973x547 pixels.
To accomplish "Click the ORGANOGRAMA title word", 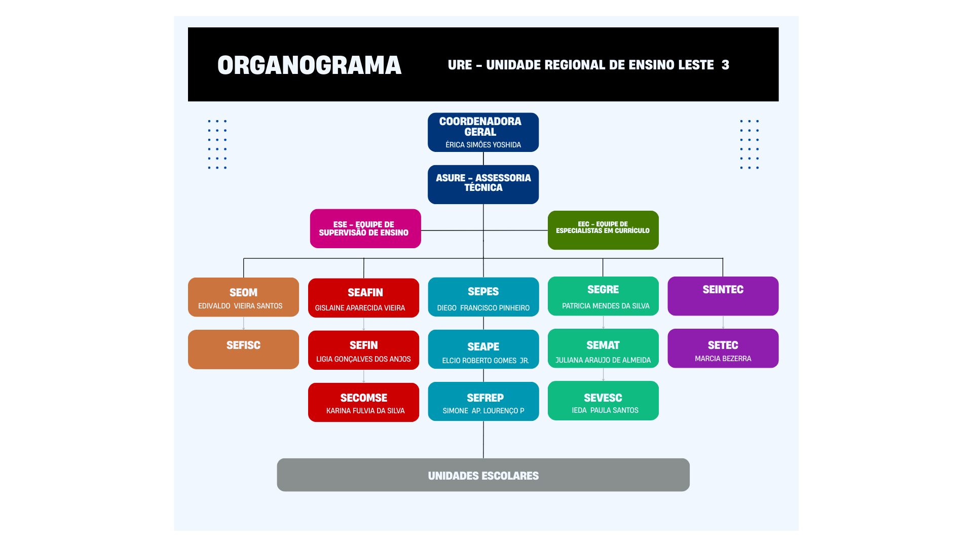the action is [309, 65].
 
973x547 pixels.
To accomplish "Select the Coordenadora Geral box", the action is [483, 132].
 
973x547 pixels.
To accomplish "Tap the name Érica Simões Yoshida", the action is [483, 145].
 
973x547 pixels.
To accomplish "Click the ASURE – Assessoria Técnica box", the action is [483, 184].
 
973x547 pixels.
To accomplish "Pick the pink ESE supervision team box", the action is [365, 228].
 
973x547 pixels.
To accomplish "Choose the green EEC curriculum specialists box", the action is [603, 230].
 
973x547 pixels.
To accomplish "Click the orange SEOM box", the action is [243, 297].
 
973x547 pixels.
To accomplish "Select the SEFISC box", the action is [243, 349].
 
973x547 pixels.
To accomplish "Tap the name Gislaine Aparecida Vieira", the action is [360, 308].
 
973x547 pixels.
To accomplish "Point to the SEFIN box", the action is [363, 350].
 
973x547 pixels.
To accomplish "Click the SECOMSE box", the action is [363, 402].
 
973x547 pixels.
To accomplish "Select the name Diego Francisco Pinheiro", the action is [483, 308].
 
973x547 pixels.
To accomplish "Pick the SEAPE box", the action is [483, 349].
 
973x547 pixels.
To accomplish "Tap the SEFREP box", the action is [483, 401].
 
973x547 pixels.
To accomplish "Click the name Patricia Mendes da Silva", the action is [606, 306].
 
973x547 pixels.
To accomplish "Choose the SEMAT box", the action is [603, 348].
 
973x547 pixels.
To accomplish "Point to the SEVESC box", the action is [603, 400].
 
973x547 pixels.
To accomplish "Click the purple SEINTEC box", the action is [723, 296].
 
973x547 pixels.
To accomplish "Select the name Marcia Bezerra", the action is [723, 359].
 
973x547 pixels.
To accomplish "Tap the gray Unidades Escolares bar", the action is [483, 475].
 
